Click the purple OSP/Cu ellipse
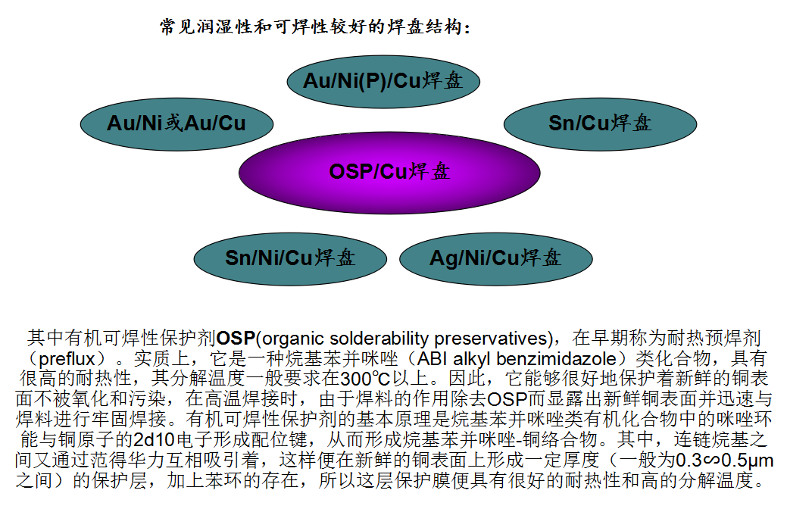coord(389,173)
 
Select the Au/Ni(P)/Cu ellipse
coord(383,81)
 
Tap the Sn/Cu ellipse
coord(601,124)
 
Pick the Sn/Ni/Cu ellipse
coord(290,259)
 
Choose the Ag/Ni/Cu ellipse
coord(496,259)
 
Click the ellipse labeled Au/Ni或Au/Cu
coord(176,124)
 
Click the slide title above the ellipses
coord(315,27)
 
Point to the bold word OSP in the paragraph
coord(236,339)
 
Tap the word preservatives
coord(490,339)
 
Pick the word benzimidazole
coord(556,359)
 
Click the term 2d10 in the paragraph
coord(153,440)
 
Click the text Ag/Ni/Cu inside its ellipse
coord(474,258)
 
